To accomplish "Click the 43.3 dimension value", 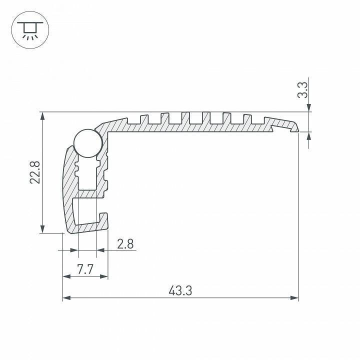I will pos(180,290).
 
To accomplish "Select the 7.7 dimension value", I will pos(85,269).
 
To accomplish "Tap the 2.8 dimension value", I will pos(125,243).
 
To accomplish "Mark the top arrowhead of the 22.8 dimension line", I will pos(42,116).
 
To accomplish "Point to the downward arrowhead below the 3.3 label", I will pos(309,107).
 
